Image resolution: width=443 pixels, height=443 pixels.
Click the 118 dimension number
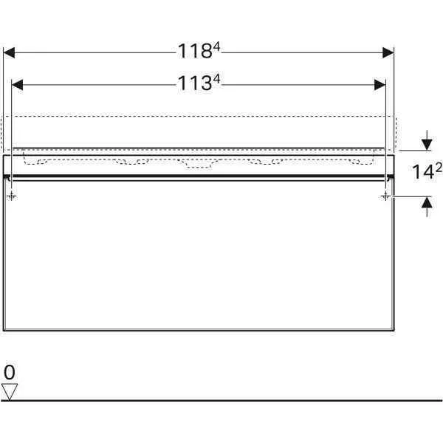[195, 51]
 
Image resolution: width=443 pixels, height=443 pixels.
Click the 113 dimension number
[195, 83]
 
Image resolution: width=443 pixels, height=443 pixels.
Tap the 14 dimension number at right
[423, 172]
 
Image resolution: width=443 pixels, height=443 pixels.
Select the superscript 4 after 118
[216, 47]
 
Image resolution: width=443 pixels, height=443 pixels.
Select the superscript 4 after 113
[216, 79]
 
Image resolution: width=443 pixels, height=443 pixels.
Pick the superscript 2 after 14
[439, 168]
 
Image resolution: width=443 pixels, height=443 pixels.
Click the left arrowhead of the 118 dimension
[9, 52]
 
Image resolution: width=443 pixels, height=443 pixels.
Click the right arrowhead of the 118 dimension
[388, 52]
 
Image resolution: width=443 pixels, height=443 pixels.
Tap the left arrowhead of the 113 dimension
[17, 85]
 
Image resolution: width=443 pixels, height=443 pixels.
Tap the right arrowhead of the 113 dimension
[380, 85]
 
